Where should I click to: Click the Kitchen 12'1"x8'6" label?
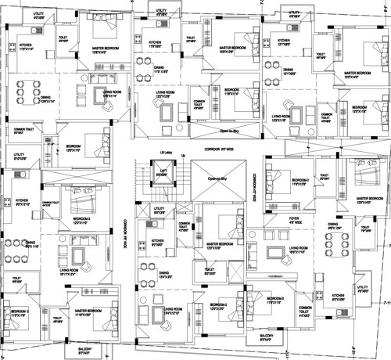click(281, 44)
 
